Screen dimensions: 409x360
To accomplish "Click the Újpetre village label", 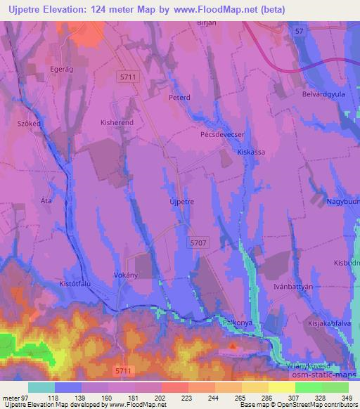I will (181, 201).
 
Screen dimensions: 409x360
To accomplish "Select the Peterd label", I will (179, 98).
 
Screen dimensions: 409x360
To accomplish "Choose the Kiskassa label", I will (251, 151).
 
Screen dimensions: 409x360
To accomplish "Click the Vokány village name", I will (124, 275).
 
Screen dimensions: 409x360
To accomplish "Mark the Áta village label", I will (46, 201).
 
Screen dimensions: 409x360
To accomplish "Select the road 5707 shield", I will (199, 242).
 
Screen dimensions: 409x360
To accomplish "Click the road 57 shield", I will (300, 32).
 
